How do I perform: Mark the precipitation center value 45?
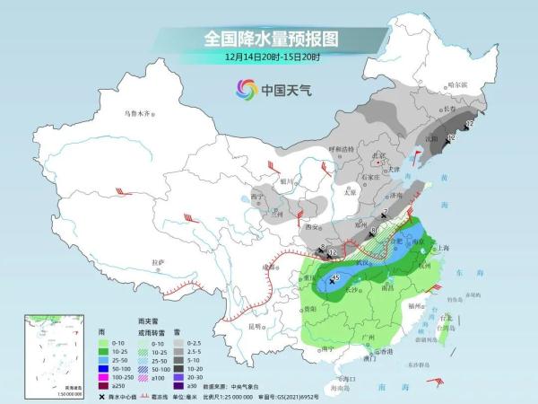coord(335,279)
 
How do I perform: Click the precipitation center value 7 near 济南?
coord(384,212)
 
